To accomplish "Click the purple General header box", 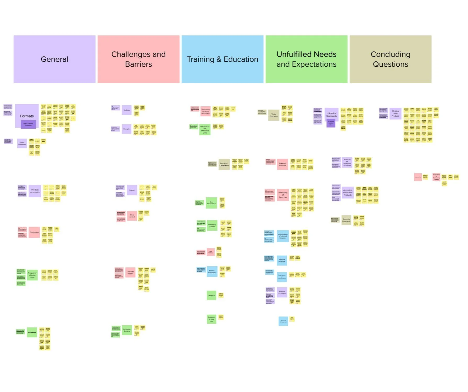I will tap(54, 59).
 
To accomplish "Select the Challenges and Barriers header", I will tap(138, 59).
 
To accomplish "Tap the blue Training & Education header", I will tap(222, 59).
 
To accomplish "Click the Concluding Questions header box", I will tap(390, 59).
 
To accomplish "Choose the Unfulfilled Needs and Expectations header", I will tap(306, 59).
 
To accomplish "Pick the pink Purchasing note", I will tap(34, 232).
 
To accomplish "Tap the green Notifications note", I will tap(32, 332).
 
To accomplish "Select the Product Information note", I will tap(35, 191).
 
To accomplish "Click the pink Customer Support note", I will tap(130, 272).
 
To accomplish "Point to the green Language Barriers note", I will tap(127, 330).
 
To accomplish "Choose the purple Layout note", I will tap(132, 190).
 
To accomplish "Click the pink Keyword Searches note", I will tap(282, 164).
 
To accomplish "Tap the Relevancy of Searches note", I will tap(283, 195).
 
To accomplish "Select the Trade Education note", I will tap(274, 115).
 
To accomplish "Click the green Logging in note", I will tap(211, 295).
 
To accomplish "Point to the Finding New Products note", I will tap(395, 114).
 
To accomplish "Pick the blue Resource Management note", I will tap(283, 321).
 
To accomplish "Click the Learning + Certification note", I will tap(224, 164).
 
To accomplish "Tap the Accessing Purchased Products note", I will tap(348, 193).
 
